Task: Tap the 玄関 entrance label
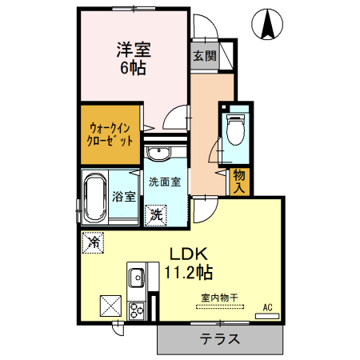[204, 56]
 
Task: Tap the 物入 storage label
[239, 182]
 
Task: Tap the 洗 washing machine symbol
[158, 214]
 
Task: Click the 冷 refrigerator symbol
[94, 240]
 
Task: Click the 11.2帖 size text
[189, 273]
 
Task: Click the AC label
[266, 306]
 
